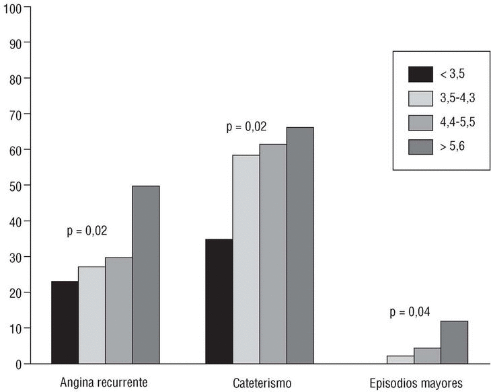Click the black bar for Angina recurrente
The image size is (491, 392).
point(65,322)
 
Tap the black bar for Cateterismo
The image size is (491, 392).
point(219,301)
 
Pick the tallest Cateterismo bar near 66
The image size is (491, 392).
point(300,245)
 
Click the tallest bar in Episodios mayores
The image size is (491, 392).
point(454,342)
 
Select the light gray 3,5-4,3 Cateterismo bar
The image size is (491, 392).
point(246,259)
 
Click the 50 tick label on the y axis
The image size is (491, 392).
point(16,186)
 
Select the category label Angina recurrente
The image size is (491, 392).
point(105,383)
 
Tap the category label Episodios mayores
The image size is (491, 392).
point(416,383)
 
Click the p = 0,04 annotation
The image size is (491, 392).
point(410,311)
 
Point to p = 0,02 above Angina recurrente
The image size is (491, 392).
point(87,231)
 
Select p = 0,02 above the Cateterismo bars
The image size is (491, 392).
point(246,126)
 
